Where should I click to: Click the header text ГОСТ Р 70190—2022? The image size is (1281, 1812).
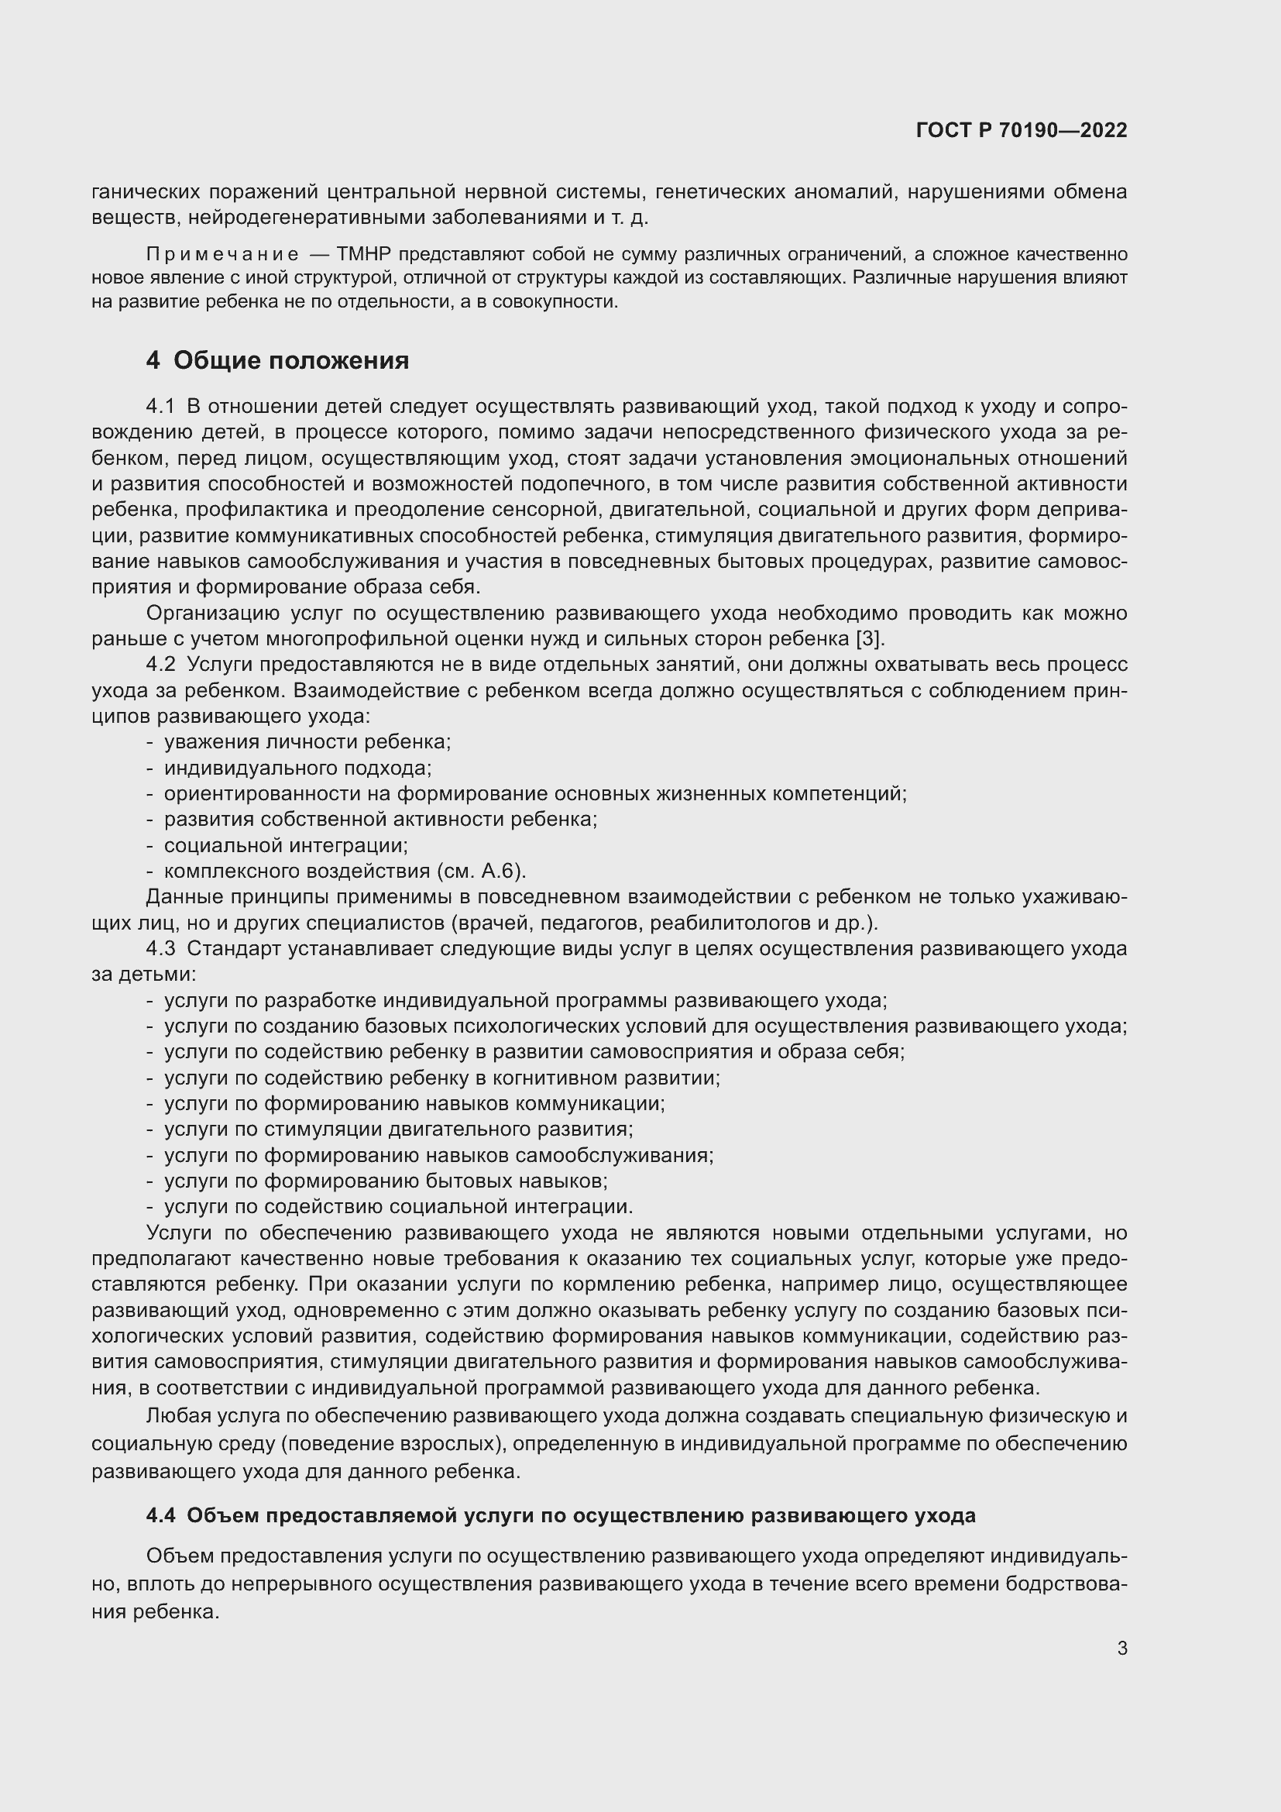1022,131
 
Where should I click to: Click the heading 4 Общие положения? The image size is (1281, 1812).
278,361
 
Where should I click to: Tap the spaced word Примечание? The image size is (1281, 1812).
222,254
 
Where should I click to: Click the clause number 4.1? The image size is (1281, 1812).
160,407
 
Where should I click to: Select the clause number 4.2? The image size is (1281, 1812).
160,665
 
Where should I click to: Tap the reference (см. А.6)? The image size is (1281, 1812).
479,872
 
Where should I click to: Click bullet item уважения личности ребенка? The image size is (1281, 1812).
307,742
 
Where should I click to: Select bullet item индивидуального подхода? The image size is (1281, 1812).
297,768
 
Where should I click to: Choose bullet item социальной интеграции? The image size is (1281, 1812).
286,845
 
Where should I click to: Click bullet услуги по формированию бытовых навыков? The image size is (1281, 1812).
385,1181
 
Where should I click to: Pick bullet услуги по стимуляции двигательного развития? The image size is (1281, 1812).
397,1129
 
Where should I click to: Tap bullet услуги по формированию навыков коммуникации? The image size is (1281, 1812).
414,1103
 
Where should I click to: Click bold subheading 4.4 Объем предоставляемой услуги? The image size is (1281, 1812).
561,1515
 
